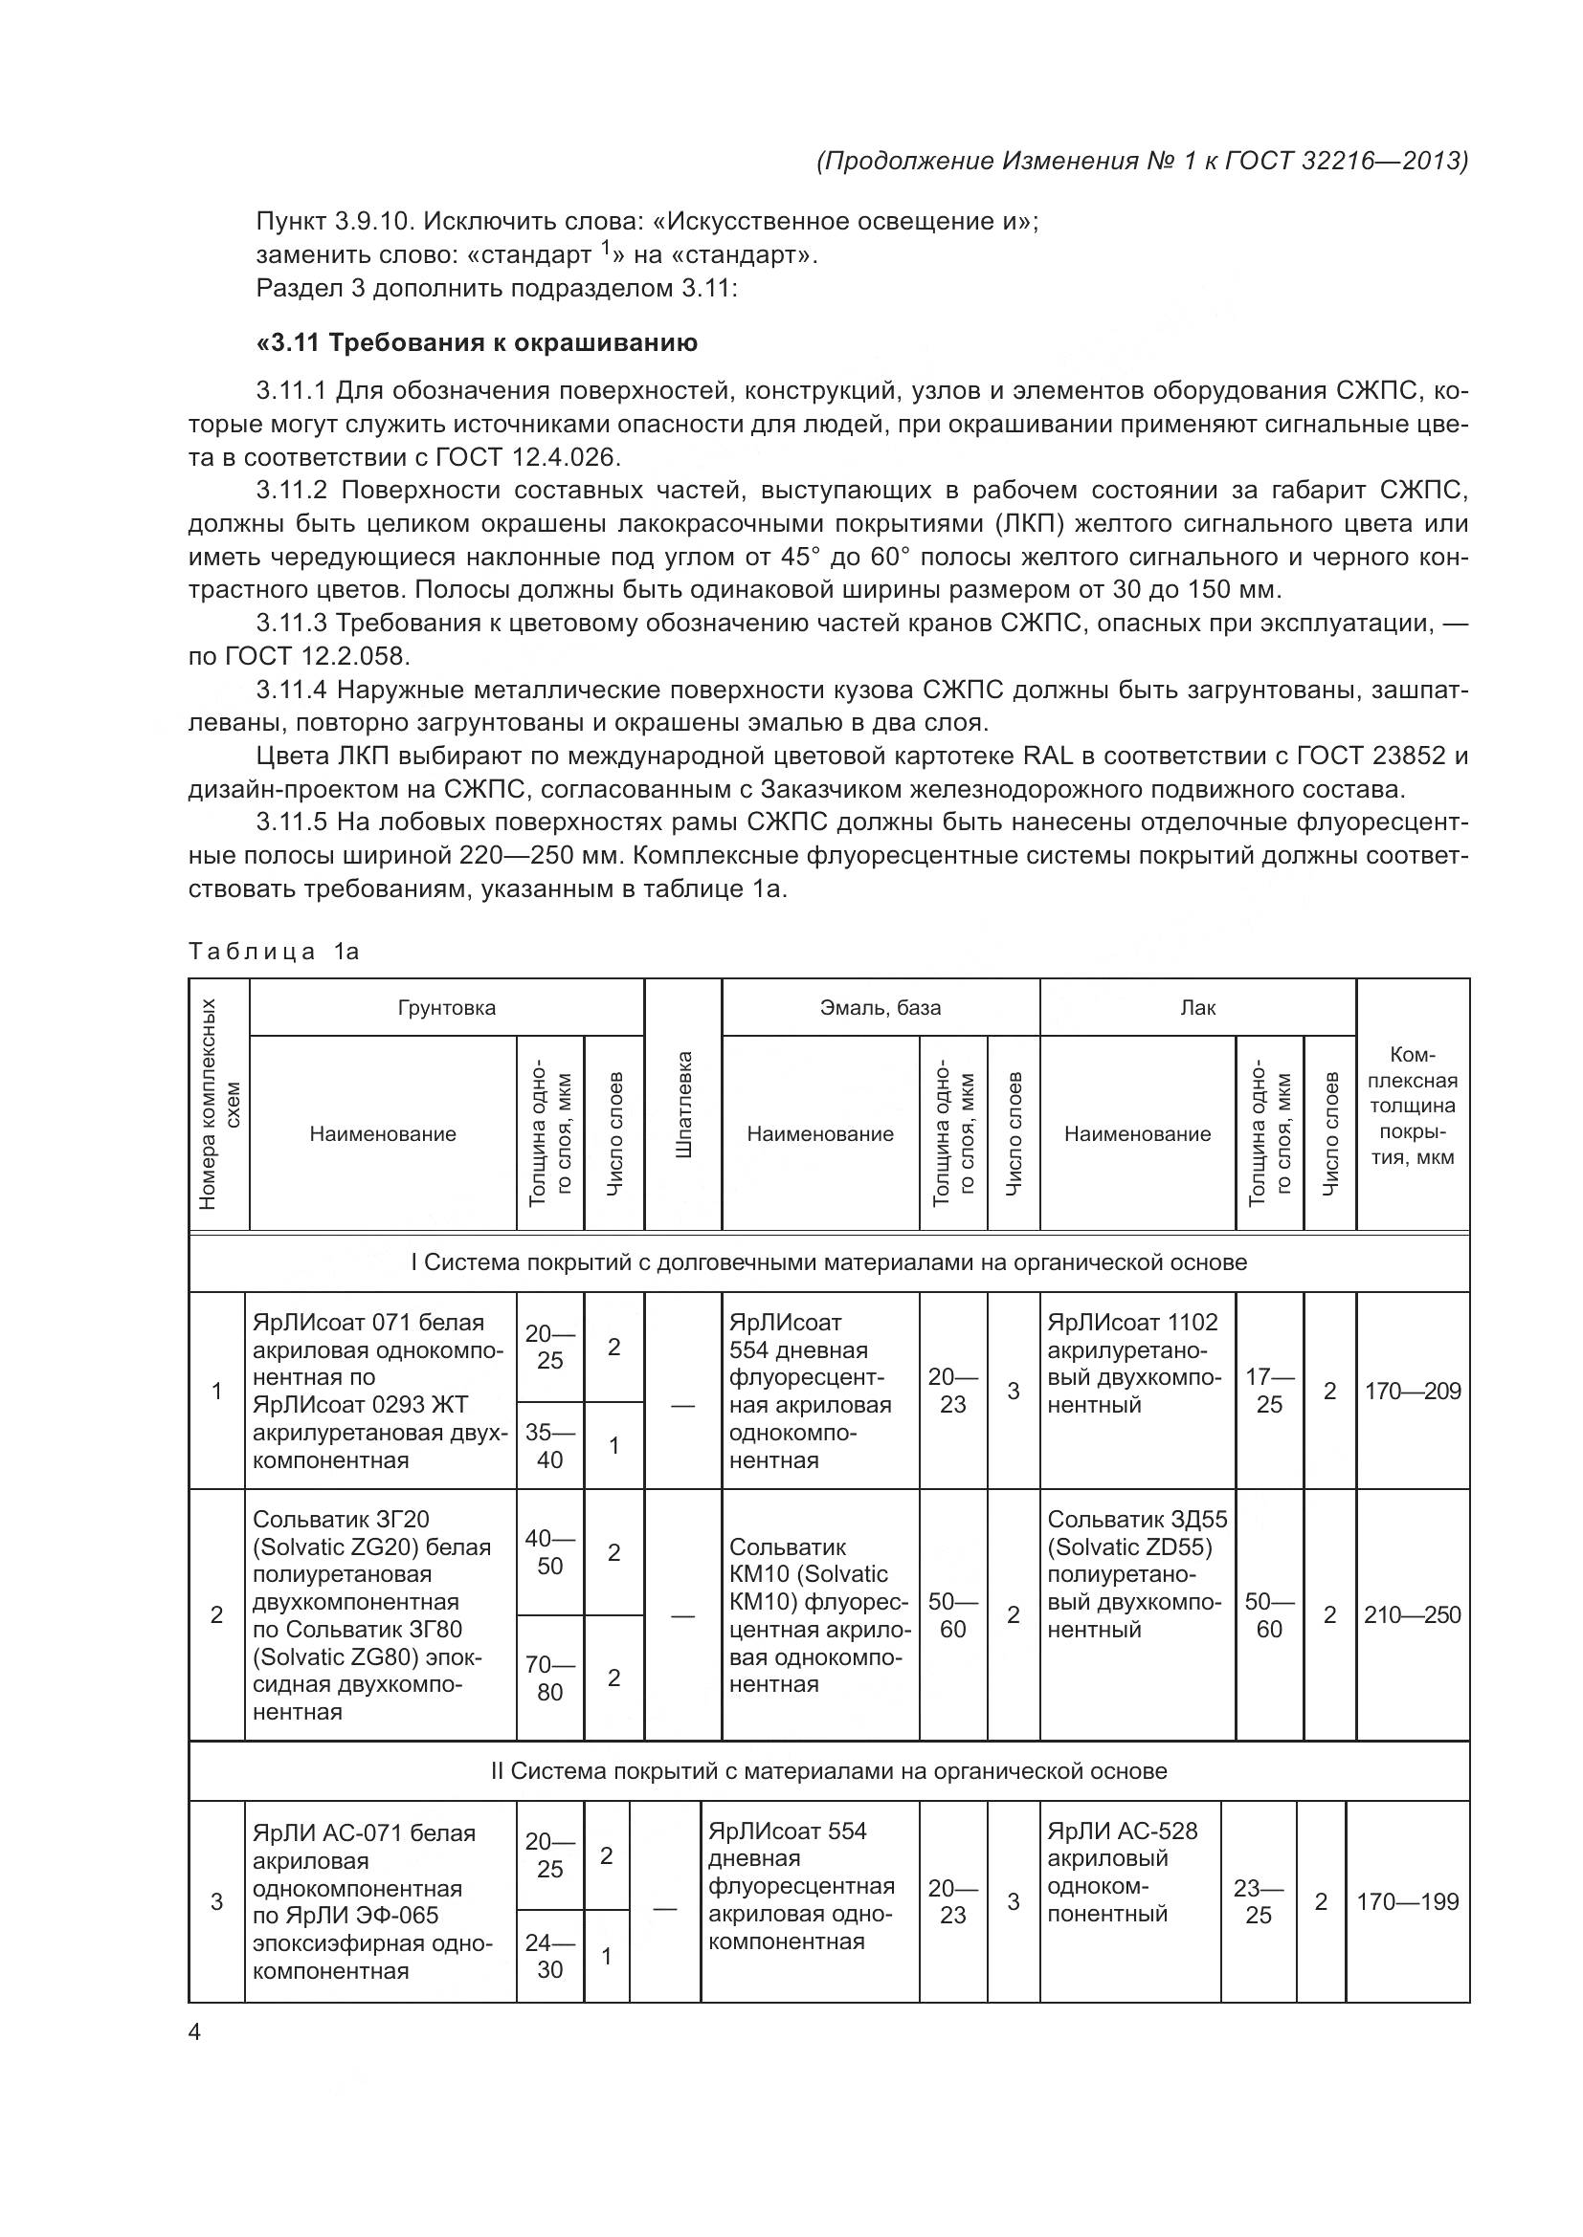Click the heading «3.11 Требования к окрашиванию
click(x=477, y=343)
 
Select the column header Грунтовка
click(x=446, y=1008)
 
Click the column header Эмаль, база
click(x=881, y=1008)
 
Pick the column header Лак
click(x=1197, y=1008)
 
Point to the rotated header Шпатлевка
click(x=683, y=1105)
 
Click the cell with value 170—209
click(x=1413, y=1392)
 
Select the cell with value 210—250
click(x=1413, y=1615)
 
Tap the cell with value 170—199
click(x=1408, y=1902)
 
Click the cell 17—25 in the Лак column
click(x=1269, y=1392)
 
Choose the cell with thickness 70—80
click(x=549, y=1678)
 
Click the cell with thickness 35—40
click(x=549, y=1446)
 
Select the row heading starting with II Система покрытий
click(x=829, y=1771)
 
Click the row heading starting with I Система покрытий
click(x=829, y=1262)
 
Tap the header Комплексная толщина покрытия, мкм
click(x=1413, y=1105)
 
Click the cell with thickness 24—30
click(x=549, y=1957)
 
